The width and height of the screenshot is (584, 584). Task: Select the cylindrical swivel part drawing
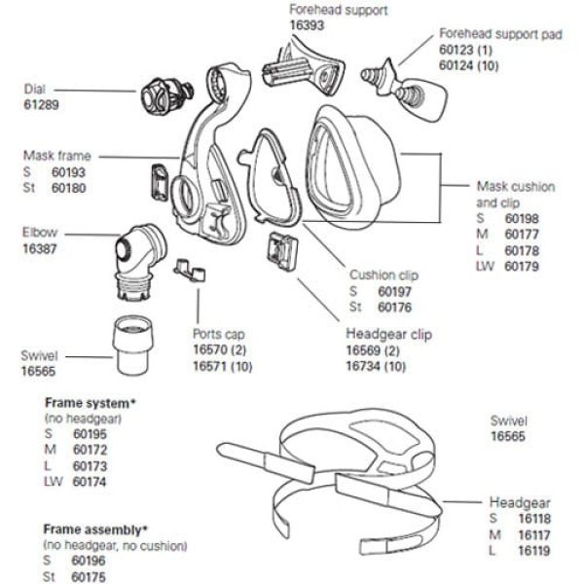click(136, 344)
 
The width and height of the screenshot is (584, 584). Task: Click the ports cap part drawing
click(189, 267)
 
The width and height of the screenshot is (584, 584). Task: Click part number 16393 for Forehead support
click(309, 25)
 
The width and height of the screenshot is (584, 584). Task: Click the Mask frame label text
click(57, 155)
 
